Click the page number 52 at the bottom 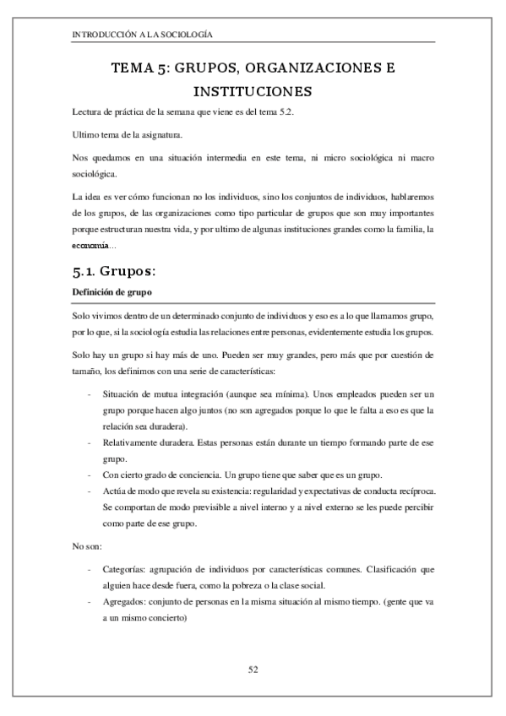(253, 670)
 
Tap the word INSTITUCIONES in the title (253, 90)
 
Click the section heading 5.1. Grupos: (122, 272)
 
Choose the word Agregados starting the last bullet (123, 602)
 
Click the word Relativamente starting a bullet (128, 442)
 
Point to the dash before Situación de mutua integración (89, 394)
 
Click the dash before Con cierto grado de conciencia (89, 474)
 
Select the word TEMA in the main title (131, 67)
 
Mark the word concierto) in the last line (177, 618)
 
